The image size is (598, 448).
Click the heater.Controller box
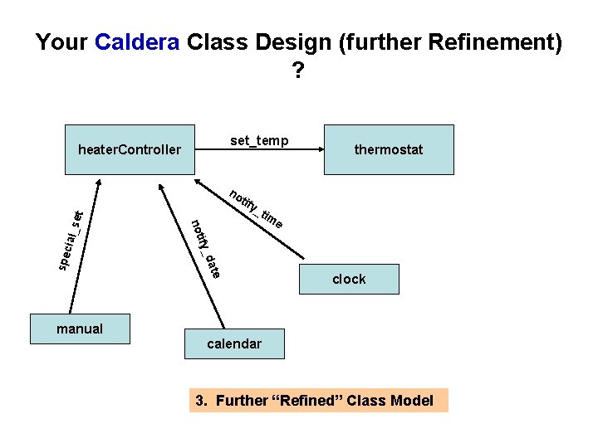[x=129, y=149]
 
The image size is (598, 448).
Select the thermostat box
[x=389, y=149]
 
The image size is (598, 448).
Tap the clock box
[x=349, y=280]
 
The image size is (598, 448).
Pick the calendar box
[x=234, y=343]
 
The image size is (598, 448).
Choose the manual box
[x=80, y=329]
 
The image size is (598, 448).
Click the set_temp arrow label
[x=259, y=140]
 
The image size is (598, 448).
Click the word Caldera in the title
[x=137, y=42]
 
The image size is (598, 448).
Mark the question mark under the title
[x=298, y=72]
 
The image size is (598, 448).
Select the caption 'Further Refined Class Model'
[x=319, y=401]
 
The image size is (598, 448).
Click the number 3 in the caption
[x=199, y=401]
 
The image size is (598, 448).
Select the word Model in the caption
[x=412, y=401]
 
